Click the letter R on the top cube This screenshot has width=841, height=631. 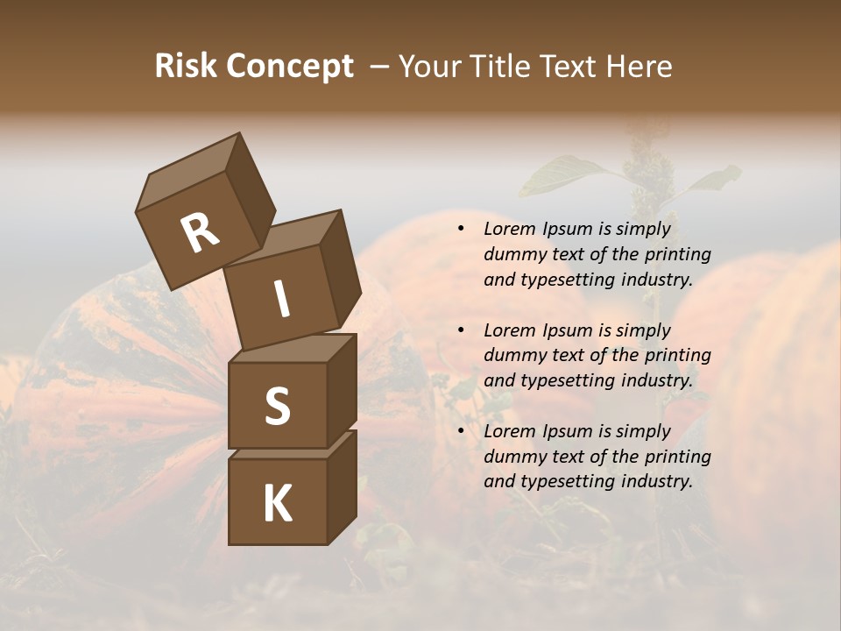(200, 233)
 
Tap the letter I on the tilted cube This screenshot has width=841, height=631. (281, 299)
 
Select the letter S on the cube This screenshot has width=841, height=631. (277, 406)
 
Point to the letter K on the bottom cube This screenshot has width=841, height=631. (277, 504)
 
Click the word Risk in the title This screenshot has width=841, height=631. (185, 66)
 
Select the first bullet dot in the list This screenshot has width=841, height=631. (461, 230)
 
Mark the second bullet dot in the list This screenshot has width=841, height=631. (461, 330)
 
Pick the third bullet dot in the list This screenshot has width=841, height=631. (461, 431)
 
